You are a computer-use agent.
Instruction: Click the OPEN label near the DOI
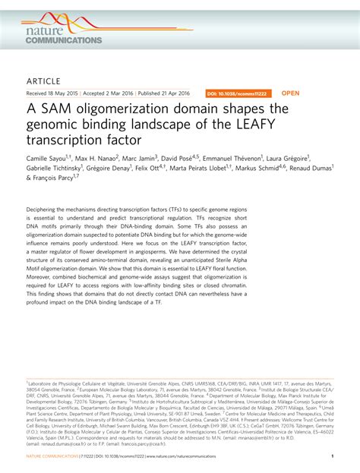point(291,93)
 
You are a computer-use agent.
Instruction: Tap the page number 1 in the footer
point(333,456)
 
